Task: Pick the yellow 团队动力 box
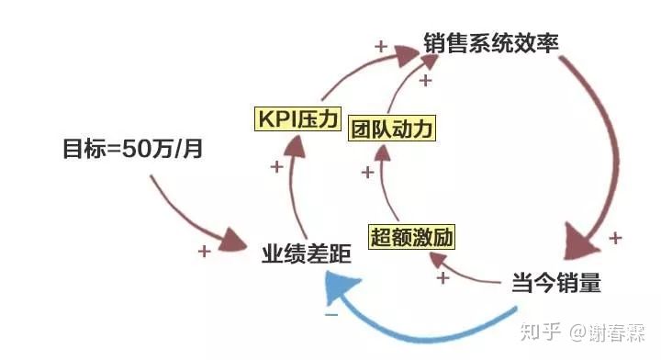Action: click(x=393, y=127)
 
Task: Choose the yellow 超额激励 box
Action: click(x=412, y=237)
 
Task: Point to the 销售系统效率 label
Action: click(x=491, y=42)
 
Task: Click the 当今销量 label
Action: click(x=555, y=284)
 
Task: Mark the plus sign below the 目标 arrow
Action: click(x=204, y=249)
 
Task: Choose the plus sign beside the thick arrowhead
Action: click(x=614, y=237)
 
